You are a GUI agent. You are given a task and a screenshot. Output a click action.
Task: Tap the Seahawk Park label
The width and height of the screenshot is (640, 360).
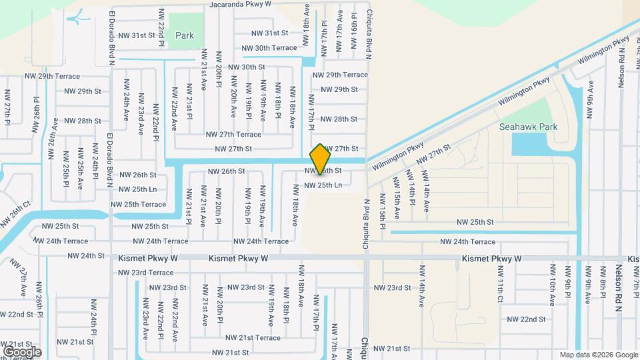point(529,127)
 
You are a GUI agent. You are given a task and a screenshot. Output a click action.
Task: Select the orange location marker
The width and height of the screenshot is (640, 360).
point(321,159)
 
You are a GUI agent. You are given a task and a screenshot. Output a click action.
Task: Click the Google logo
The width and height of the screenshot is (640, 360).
point(22,351)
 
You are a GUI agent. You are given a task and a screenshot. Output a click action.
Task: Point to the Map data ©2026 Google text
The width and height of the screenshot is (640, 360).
point(599,355)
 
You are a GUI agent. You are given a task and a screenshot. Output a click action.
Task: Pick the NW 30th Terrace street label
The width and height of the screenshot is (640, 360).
point(269,48)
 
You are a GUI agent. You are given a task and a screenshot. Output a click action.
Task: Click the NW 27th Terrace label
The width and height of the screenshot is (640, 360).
point(233,135)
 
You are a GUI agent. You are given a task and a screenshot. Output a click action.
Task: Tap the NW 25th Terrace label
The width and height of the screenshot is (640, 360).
point(138,205)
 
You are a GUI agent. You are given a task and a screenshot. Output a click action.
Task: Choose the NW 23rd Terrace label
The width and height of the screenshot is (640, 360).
point(145,273)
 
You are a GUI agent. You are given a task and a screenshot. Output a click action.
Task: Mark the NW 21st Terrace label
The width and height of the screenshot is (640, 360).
point(253,338)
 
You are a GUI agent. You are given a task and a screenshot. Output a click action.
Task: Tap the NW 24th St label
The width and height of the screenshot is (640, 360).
point(86,256)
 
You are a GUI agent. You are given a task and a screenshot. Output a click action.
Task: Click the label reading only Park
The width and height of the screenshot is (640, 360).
point(184,35)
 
